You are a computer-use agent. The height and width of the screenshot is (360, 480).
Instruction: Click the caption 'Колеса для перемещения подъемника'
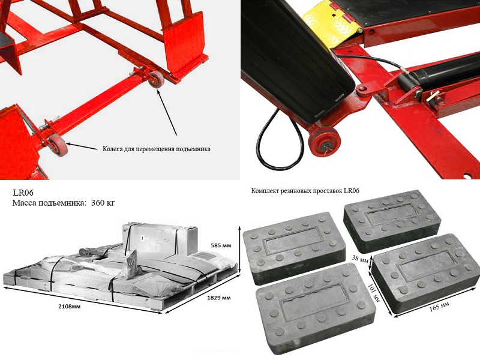pos(157,149)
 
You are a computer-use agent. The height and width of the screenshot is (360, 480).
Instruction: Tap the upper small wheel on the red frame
pos(157,79)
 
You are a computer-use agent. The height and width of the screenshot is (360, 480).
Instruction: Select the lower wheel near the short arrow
pos(58,145)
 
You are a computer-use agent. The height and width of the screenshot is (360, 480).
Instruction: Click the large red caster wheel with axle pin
pos(324,142)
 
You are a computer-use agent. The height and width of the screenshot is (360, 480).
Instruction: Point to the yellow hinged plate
pos(332,23)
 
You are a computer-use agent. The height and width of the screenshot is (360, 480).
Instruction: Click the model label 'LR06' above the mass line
pos(23,193)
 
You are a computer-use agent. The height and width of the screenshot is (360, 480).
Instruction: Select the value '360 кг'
pos(103,203)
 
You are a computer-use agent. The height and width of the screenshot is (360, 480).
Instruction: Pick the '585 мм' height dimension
pos(221,245)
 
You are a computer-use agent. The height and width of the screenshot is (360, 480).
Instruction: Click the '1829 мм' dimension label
pos(218,298)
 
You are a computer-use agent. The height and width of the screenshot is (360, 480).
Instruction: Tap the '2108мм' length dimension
pos(70,306)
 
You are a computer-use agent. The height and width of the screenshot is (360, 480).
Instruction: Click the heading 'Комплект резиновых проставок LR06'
pos(305,191)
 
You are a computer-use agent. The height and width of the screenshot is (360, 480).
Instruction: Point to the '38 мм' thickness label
pos(360,259)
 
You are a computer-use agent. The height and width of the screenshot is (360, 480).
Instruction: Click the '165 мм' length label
pos(439,306)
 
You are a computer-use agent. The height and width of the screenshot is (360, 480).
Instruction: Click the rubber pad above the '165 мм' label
pos(425,272)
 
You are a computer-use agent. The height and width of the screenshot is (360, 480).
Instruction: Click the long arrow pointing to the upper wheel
pos(167,112)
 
